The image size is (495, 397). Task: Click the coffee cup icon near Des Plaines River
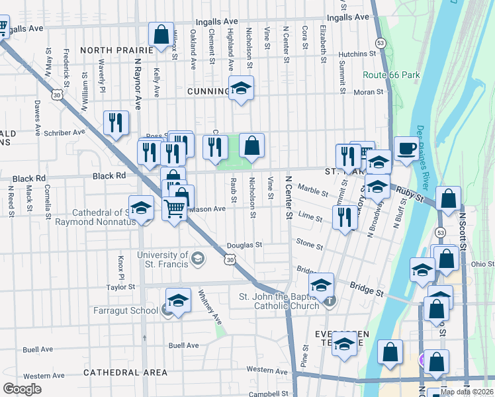pos(406,148)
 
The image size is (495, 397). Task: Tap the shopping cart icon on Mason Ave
pos(174,208)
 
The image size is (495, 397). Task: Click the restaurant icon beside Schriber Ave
pos(116,122)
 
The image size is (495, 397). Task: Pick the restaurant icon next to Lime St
pos(343,216)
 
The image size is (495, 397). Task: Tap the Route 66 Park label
pos(391,75)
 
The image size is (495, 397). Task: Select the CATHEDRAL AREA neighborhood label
pos(126,373)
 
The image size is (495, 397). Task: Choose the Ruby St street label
pos(410,193)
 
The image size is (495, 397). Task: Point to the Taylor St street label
pos(121,287)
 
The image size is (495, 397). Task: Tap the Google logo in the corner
pos(22,389)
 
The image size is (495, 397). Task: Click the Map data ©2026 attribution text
pos(466,392)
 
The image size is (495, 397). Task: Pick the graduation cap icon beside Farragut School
pos(178,300)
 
